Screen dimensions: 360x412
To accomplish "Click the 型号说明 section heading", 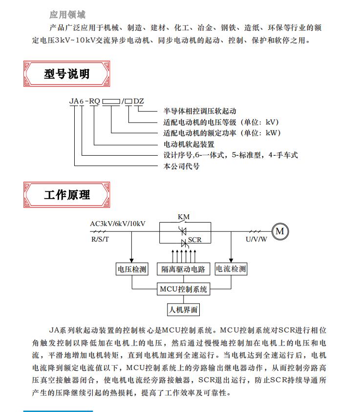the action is (67, 74).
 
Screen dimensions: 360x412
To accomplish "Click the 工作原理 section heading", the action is (67, 195).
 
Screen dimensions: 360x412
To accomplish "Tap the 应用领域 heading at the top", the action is (67, 15).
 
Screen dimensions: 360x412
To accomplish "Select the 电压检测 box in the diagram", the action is (132, 269).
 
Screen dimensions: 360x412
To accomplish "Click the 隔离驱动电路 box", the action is (184, 269).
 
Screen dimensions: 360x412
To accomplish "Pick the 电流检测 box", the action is (231, 269).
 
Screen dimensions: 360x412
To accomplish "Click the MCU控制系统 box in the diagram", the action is (184, 289).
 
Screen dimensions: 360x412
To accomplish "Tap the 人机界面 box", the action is (184, 309).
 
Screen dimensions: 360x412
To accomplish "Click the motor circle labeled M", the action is (280, 231).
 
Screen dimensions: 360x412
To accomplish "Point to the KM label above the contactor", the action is (184, 217).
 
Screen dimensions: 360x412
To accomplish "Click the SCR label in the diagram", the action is (195, 240).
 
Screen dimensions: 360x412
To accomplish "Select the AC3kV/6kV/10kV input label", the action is (118, 224).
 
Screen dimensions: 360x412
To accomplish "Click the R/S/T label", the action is (100, 239).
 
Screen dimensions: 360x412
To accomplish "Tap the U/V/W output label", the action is (256, 239).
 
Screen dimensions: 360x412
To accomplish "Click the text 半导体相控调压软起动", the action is (200, 111).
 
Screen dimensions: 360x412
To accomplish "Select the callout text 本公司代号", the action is (181, 166).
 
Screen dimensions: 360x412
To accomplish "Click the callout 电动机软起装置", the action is (189, 144).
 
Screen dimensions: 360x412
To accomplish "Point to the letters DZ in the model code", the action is (139, 101).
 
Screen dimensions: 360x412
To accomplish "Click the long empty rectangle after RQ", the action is (111, 101).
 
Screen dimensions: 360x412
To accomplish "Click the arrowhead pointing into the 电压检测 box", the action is (131, 261).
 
